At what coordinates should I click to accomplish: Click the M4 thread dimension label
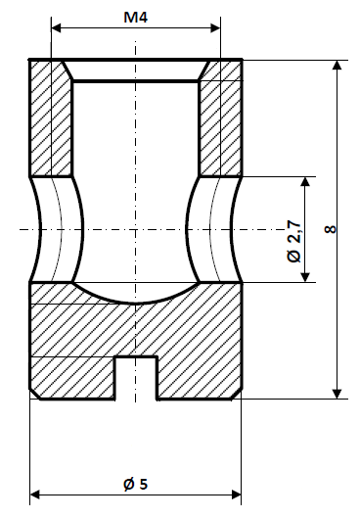pyautogui.click(x=137, y=17)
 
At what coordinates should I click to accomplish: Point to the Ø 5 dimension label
pyautogui.click(x=135, y=484)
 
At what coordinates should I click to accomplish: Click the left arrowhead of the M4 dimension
pyautogui.click(x=57, y=29)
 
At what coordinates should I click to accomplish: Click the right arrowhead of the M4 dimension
pyautogui.click(x=215, y=29)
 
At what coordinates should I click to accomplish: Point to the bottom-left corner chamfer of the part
pyautogui.click(x=34, y=394)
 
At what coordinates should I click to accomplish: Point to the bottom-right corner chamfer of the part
pyautogui.click(x=238, y=394)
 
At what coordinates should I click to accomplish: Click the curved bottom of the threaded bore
pyautogui.click(x=135, y=298)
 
